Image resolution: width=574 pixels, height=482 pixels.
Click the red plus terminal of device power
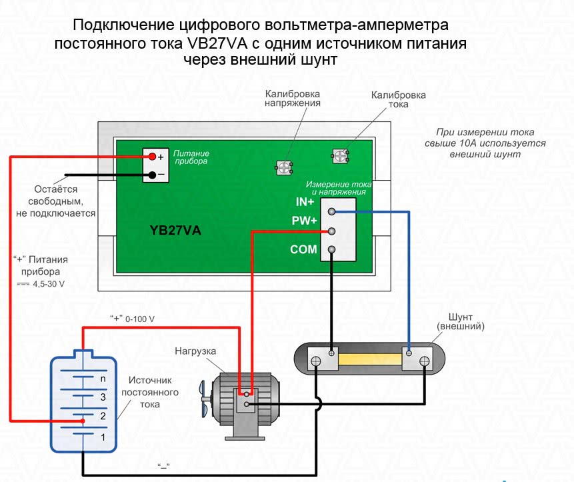click(x=152, y=157)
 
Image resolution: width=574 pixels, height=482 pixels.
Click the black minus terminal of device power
click(x=152, y=175)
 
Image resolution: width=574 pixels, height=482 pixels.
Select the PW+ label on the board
click(x=303, y=221)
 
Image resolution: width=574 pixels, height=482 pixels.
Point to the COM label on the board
click(x=303, y=250)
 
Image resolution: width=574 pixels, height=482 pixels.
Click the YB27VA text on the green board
click(x=175, y=230)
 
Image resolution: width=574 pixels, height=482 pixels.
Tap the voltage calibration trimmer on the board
click(x=285, y=167)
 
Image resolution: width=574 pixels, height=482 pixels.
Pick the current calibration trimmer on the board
click(x=341, y=156)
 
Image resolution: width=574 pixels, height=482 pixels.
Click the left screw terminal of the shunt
click(x=316, y=361)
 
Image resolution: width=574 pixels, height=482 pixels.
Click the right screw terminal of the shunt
click(x=423, y=361)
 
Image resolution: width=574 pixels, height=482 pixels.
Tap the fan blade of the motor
click(x=205, y=398)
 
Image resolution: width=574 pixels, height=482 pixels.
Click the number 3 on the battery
click(x=103, y=397)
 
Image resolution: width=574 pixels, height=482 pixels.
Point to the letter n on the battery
click(x=103, y=379)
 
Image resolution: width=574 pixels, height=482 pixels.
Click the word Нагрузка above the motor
click(x=195, y=351)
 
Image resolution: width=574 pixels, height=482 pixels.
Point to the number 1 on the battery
click(x=103, y=437)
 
